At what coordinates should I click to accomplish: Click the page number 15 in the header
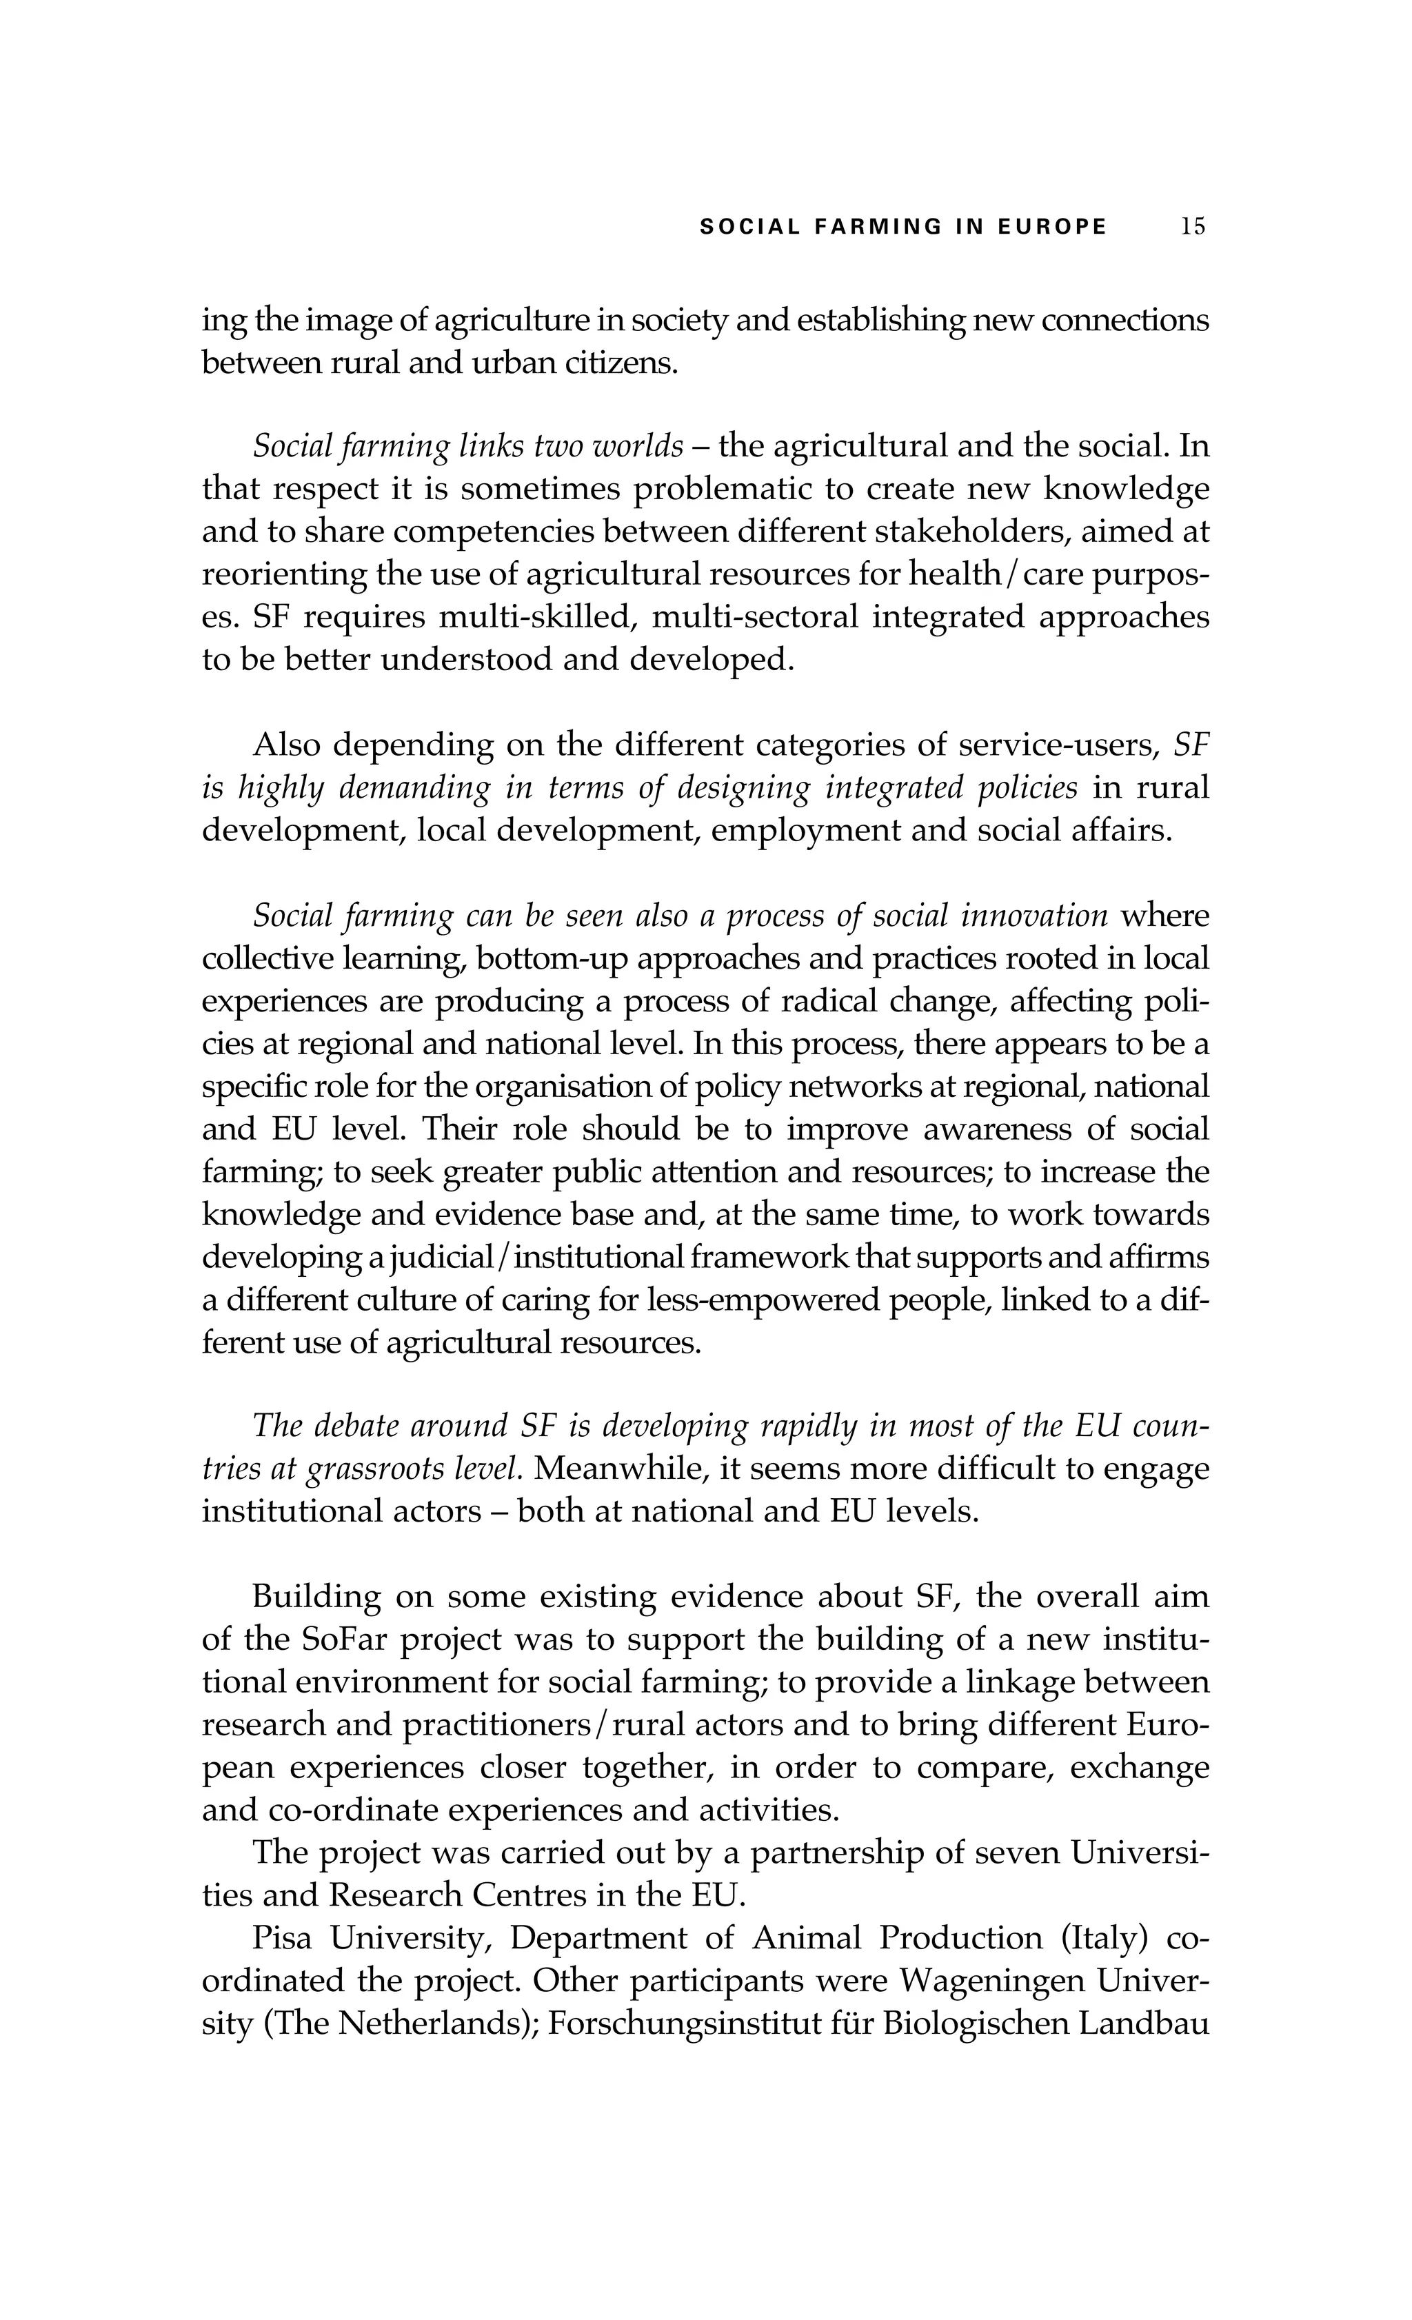[x=1192, y=226]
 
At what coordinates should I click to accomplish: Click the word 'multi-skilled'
[x=536, y=617]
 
